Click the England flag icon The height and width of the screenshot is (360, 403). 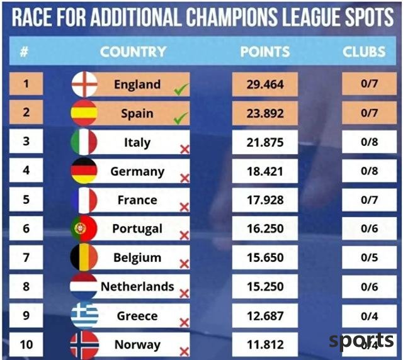tap(84, 84)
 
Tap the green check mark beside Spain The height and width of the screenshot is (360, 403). tap(181, 118)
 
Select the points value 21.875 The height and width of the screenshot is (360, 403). tap(264, 143)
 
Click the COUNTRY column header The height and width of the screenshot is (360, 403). tap(133, 52)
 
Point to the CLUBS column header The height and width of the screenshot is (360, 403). tap(364, 52)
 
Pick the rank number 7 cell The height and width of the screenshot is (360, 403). tap(26, 257)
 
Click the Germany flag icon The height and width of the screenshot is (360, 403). tap(84, 171)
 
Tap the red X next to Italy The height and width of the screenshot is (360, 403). tap(184, 149)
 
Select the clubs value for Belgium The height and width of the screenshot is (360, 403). tap(369, 257)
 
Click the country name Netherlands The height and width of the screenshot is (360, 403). tap(137, 286)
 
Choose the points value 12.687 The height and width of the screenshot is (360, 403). tap(264, 315)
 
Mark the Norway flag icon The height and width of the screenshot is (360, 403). tap(84, 345)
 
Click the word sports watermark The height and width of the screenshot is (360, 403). tap(361, 340)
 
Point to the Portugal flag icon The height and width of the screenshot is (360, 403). tap(84, 228)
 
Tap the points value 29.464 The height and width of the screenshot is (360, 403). tap(264, 84)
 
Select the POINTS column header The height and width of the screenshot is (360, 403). tap(265, 52)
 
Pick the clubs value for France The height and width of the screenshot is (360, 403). tap(369, 200)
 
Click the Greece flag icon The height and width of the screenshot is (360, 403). tap(84, 315)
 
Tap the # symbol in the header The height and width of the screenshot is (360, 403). tap(24, 52)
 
